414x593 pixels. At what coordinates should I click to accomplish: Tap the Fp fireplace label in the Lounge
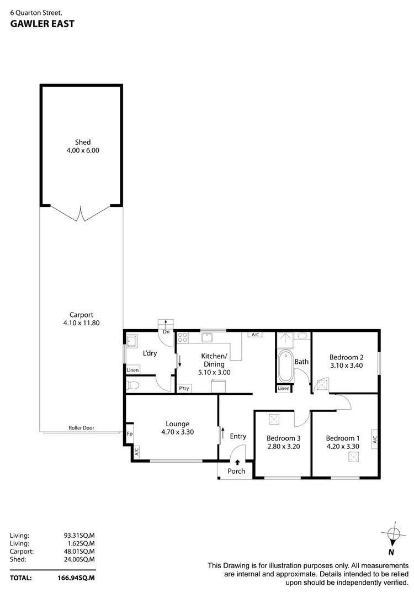point(129,434)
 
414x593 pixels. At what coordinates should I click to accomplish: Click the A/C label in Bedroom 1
point(374,440)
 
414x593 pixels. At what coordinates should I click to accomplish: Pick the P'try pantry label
point(184,389)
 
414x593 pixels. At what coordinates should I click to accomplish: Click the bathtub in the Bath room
point(286,366)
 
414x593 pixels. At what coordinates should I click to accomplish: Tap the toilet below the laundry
point(132,385)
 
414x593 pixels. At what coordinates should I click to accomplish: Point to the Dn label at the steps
point(166,331)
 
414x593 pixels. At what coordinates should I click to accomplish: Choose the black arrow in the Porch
point(237,463)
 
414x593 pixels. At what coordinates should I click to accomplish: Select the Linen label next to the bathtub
point(283,389)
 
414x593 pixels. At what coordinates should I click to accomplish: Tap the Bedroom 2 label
point(346,357)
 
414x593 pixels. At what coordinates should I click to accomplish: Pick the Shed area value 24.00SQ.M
point(79,559)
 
